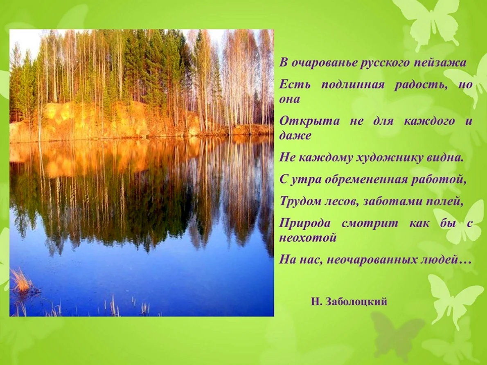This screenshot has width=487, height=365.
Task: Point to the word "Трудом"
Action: coord(300,202)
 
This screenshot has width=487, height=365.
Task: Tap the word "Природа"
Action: coord(305,223)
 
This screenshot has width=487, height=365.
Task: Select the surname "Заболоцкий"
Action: coord(356,301)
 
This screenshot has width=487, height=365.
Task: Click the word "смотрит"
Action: coord(370,223)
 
